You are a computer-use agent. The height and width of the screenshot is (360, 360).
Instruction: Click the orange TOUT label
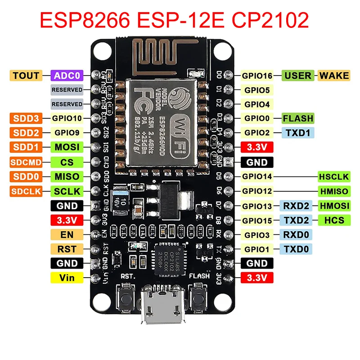(26, 75)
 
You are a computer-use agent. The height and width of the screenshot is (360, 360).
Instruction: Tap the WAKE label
(334, 75)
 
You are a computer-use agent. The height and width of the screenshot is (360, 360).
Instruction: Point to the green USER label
(298, 75)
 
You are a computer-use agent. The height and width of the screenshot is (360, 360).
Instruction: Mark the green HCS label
(333, 220)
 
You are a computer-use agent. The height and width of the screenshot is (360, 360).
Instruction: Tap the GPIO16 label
(257, 76)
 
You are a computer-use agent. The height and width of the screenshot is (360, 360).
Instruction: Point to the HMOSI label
(333, 206)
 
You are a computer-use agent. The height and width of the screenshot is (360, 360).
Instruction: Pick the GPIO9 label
(67, 133)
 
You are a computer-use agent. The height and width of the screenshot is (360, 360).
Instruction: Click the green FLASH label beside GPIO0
(298, 118)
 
